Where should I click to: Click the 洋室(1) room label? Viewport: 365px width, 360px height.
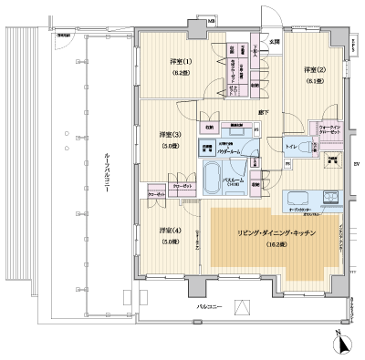click(x=179, y=62)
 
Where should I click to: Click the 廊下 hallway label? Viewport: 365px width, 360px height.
click(x=263, y=111)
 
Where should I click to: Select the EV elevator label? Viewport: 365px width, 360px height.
click(x=355, y=164)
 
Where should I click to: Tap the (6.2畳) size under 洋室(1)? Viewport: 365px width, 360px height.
click(x=179, y=74)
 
